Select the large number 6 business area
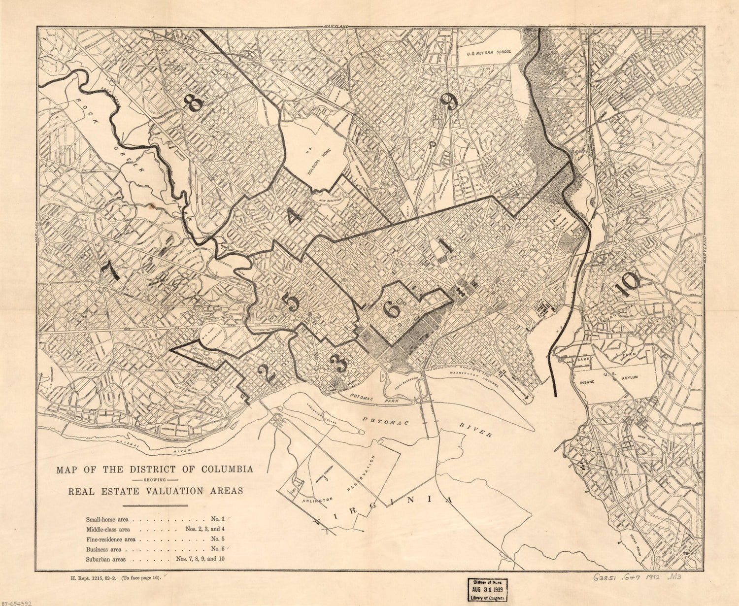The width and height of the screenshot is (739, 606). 392,309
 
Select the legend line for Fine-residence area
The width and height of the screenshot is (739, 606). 155,539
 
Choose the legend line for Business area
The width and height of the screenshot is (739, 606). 155,549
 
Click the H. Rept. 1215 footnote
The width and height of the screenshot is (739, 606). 116,578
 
